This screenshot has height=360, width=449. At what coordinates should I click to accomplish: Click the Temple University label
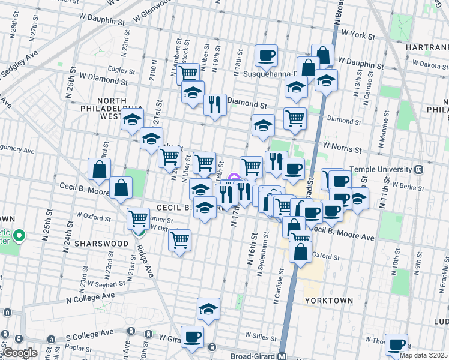click(x=384, y=170)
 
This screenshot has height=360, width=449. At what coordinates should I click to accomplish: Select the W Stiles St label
click(x=260, y=335)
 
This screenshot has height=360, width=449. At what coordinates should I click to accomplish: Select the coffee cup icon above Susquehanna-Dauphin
click(x=266, y=56)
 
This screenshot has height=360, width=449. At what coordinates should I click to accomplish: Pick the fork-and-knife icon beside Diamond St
click(x=214, y=104)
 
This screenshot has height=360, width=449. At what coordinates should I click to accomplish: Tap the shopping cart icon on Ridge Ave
click(x=139, y=218)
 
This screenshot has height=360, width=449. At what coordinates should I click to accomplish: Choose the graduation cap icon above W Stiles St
click(x=208, y=308)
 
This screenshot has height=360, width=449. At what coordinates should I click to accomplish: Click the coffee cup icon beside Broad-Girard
click(x=192, y=337)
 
